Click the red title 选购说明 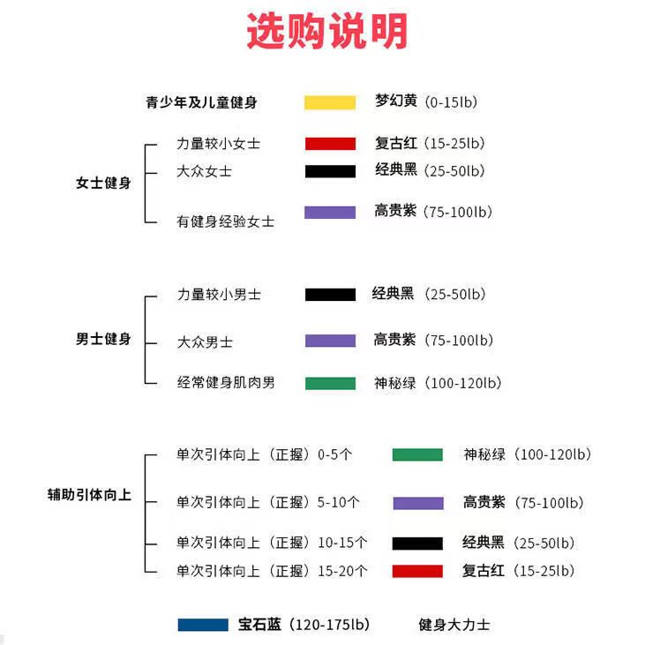[326, 33]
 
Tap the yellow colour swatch [330, 102]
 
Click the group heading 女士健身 [103, 184]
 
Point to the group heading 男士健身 [103, 339]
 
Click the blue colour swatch [203, 625]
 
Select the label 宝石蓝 [259, 625]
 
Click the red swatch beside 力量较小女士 [330, 144]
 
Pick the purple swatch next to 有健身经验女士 [330, 213]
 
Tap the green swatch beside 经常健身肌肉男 [330, 383]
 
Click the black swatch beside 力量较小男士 [330, 295]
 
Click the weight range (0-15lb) [450, 102]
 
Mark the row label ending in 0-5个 [264, 455]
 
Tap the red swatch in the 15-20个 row [417, 571]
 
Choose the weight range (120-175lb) [329, 625]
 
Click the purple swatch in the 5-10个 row [417, 503]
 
